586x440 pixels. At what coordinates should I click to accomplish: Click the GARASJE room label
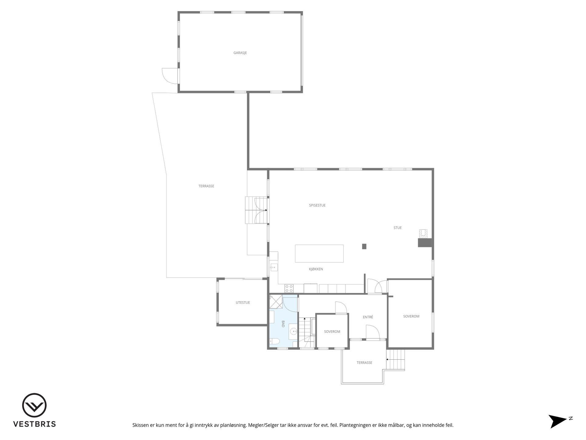(x=240, y=53)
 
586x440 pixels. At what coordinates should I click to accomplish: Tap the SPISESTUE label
(x=317, y=205)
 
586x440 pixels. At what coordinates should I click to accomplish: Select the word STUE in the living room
(x=397, y=228)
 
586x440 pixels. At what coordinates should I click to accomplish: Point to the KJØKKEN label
(x=316, y=269)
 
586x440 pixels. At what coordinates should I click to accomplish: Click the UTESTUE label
(x=243, y=302)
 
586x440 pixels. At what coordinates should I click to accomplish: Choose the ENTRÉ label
(x=368, y=317)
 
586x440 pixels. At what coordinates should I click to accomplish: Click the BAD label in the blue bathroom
(x=283, y=324)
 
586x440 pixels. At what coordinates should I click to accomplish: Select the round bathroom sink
(x=294, y=331)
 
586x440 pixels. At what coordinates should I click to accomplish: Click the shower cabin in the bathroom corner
(x=276, y=302)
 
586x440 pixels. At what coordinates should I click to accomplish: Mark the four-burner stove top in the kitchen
(x=289, y=288)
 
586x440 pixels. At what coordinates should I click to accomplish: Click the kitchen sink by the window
(x=274, y=267)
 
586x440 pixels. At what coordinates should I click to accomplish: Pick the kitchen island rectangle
(x=319, y=253)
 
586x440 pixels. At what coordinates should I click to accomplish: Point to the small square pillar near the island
(x=364, y=246)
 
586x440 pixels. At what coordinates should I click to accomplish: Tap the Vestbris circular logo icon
(x=34, y=405)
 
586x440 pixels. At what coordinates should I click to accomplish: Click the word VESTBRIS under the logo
(x=34, y=424)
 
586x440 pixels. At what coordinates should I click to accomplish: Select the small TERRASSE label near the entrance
(x=364, y=363)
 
